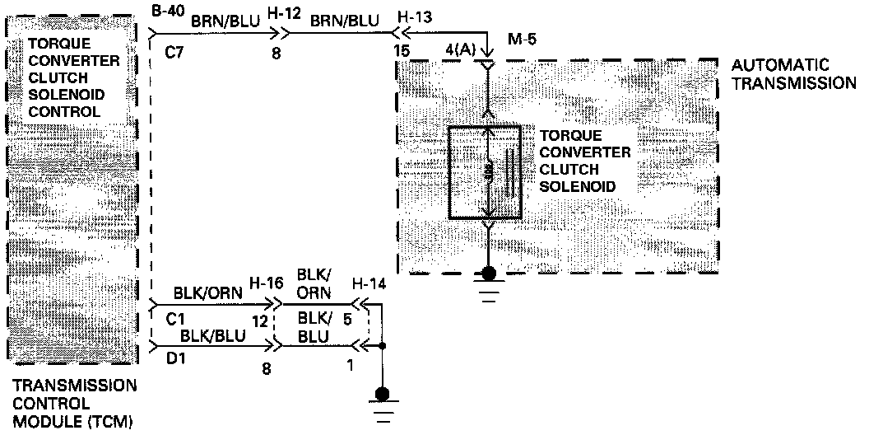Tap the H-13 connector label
(411, 16)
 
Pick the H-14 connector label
(367, 283)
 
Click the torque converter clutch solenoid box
(484, 172)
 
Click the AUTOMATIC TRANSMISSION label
(791, 73)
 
